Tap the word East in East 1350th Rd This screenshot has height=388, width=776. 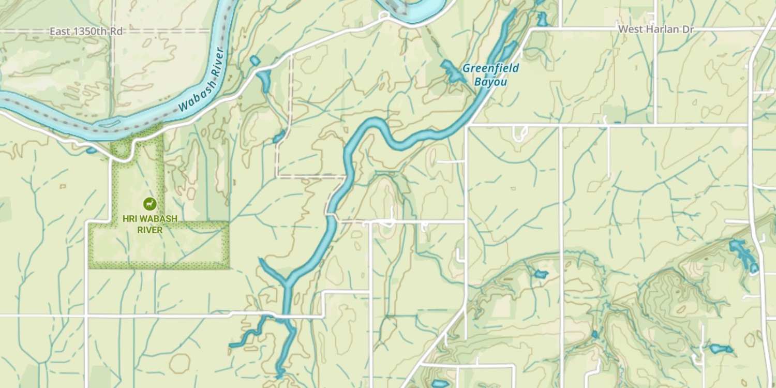coord(60,32)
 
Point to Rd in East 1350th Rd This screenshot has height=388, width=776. coord(116,32)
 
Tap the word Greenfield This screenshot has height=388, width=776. coord(490,68)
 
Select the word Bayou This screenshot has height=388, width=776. coord(490,82)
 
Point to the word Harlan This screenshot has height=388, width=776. coord(662,29)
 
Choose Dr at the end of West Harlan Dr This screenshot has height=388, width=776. coord(688,29)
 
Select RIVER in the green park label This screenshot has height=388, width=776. coord(150,230)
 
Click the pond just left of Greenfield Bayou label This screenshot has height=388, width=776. coord(452,71)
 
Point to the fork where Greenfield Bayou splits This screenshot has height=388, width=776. coord(286,282)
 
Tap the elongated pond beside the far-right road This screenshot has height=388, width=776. coord(743,253)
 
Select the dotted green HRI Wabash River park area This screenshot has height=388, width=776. coord(155,248)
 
